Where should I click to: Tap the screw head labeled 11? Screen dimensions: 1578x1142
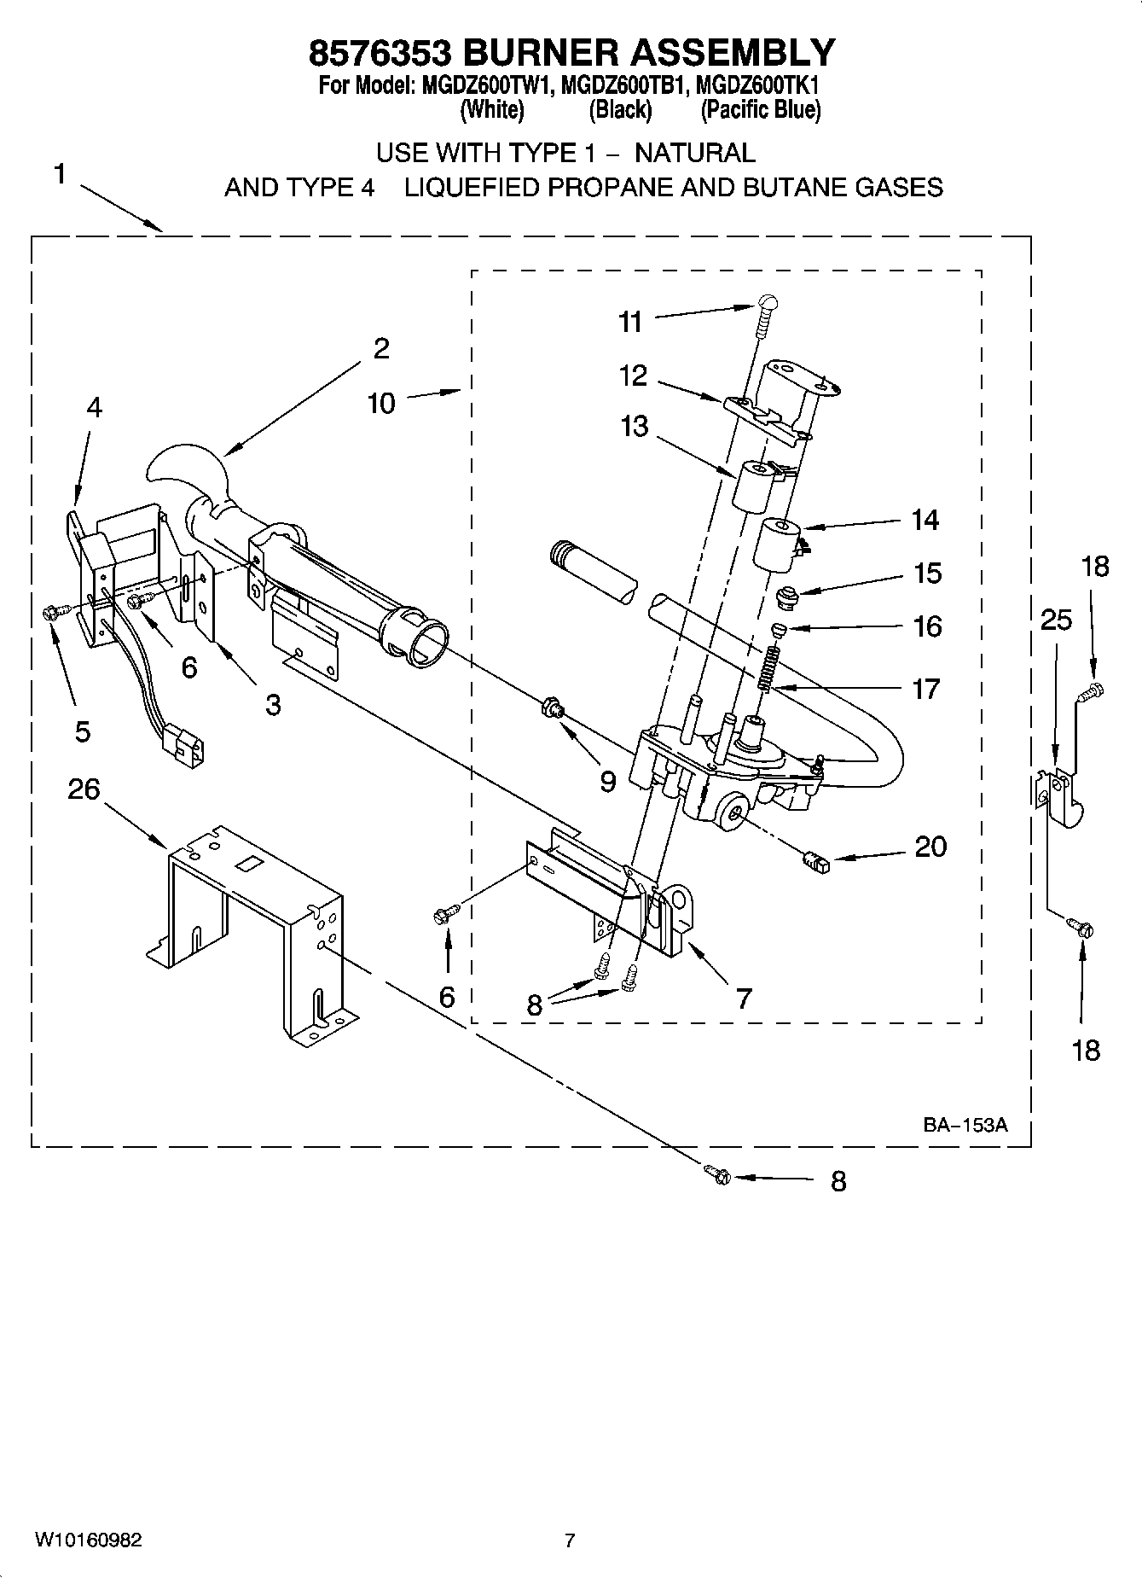(768, 301)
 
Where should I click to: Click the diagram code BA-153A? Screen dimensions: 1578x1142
(965, 1125)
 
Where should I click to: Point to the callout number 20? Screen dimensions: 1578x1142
(930, 847)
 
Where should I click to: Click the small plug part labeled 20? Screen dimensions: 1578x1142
(815, 864)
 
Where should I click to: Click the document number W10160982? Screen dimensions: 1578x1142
(88, 1540)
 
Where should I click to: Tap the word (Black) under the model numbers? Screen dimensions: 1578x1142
(620, 110)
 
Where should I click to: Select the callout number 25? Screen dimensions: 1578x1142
(1056, 620)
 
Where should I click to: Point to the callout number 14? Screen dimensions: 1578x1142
(925, 519)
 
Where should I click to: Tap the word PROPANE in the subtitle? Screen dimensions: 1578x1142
(609, 187)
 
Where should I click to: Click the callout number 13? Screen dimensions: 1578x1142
(634, 426)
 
